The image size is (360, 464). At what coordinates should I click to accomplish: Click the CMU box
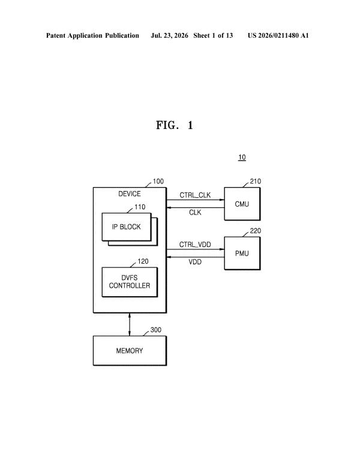click(242, 204)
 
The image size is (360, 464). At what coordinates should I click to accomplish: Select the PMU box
click(242, 253)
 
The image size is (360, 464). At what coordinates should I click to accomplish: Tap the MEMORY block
click(130, 351)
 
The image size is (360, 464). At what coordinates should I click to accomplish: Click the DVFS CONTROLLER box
click(130, 282)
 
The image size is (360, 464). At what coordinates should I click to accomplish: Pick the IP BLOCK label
click(127, 227)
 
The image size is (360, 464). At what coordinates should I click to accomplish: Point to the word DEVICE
click(130, 194)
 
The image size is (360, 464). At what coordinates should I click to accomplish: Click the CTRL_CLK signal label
click(195, 195)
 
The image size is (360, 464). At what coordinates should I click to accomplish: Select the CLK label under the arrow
click(195, 212)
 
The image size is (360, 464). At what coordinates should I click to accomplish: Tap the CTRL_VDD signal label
click(195, 245)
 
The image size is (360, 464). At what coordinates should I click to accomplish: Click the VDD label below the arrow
click(195, 262)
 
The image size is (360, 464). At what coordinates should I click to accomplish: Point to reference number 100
click(158, 182)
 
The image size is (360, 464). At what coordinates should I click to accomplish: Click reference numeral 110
click(140, 207)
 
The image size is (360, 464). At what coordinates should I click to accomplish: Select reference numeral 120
click(143, 261)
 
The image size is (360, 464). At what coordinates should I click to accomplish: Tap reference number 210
click(255, 181)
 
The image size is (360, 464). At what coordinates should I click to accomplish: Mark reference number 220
click(255, 231)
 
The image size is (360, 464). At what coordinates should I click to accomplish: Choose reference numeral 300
click(156, 330)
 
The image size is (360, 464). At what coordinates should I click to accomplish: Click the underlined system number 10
click(242, 157)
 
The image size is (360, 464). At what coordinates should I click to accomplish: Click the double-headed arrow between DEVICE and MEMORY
click(130, 324)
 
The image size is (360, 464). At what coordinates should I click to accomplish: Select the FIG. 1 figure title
click(175, 125)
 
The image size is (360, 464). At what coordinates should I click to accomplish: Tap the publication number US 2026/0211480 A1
click(278, 35)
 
